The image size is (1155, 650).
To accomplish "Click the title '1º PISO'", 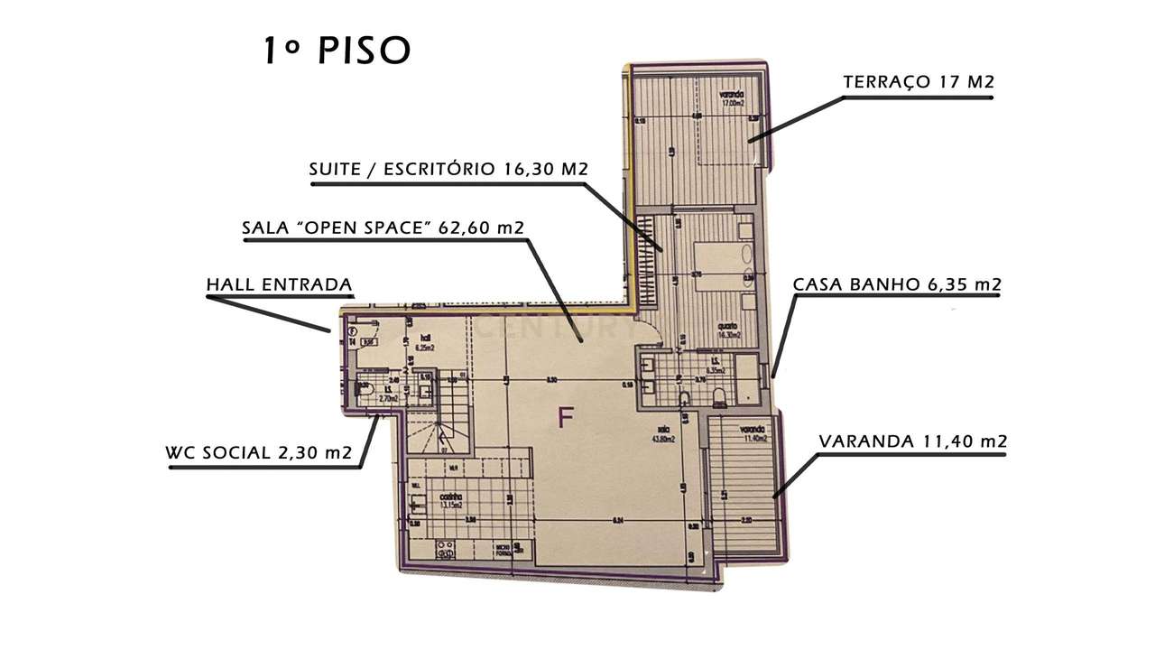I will coord(336,51).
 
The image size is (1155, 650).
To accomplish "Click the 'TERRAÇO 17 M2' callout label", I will coord(918,82).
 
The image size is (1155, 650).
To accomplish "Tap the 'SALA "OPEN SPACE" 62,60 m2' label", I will coord(383,227).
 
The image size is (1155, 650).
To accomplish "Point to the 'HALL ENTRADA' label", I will coord(279,285).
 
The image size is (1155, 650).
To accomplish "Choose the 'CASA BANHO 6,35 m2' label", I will coord(896,285).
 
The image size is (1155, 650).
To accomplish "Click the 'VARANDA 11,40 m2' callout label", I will coord(912,441).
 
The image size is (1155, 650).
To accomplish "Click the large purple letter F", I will coord(566,418).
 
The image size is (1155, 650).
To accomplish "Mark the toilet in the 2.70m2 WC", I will coord(365,390).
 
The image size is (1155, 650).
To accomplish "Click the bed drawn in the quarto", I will coord(719,264).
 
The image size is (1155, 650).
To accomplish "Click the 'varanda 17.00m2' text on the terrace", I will coord(732,98).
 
